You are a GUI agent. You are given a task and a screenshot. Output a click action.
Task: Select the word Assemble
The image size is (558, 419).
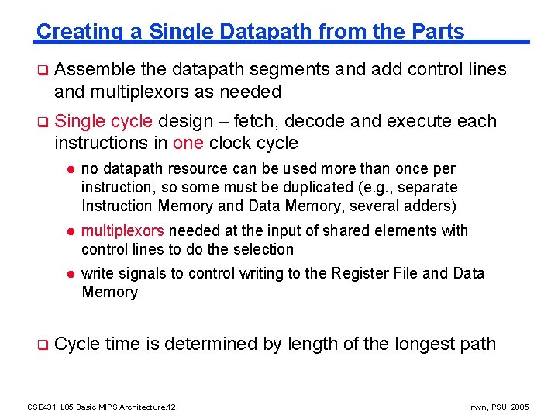(97, 70)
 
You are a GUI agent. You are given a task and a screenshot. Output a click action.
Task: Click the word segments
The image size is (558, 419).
(291, 70)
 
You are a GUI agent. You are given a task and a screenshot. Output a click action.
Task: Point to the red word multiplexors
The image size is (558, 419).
(122, 230)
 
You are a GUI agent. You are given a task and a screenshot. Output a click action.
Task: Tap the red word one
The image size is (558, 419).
(188, 143)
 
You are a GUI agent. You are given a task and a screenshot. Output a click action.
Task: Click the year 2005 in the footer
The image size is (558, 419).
(518, 407)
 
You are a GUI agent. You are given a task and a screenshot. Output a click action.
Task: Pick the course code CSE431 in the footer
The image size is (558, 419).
(38, 407)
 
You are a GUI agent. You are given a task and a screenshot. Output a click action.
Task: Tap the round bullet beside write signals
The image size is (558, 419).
(69, 274)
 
